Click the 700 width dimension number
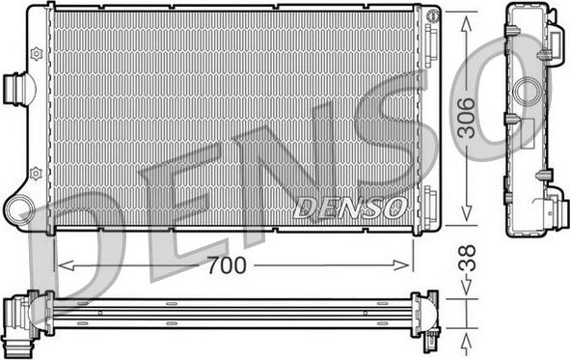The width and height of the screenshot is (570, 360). click(x=227, y=265)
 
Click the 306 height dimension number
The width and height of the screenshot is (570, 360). click(x=467, y=118)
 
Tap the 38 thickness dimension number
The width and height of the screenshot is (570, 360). click(x=467, y=259)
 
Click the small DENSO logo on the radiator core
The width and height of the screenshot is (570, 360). click(x=350, y=208)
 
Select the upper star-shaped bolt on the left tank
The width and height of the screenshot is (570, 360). click(x=37, y=54)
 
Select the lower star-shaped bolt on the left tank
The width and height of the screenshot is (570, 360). click(x=36, y=174)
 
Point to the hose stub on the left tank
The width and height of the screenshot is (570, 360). click(x=14, y=89)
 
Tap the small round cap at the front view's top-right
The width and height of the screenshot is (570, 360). click(x=433, y=14)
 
